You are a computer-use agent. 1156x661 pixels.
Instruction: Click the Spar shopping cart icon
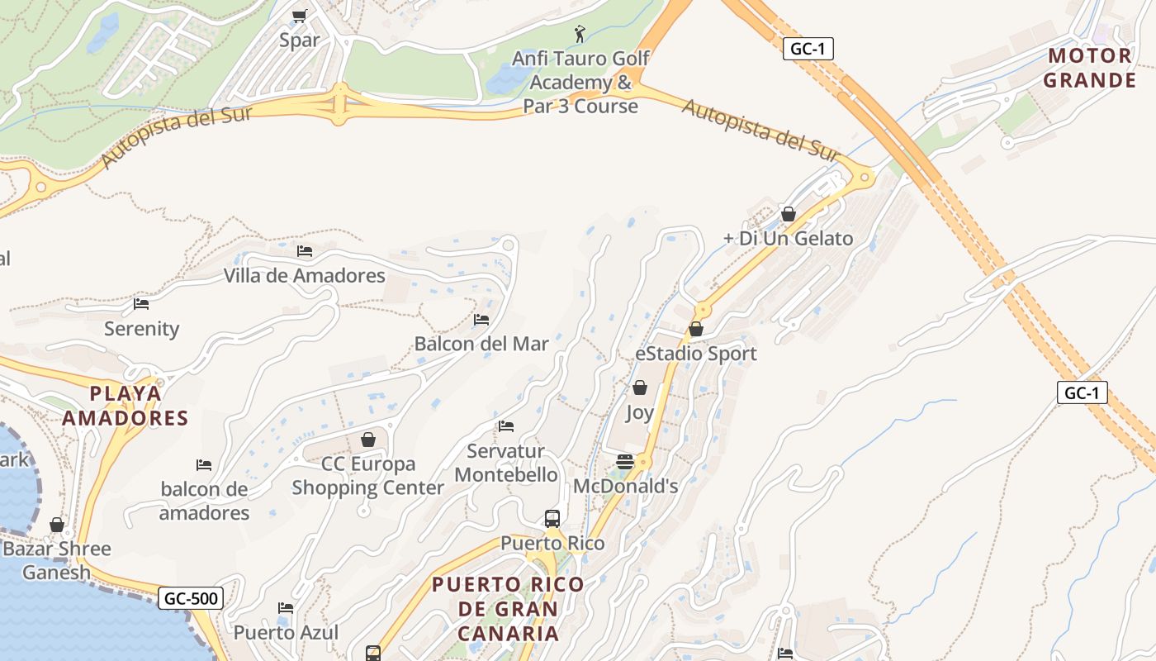(x=300, y=16)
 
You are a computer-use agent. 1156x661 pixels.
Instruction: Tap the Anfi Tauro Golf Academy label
(x=580, y=83)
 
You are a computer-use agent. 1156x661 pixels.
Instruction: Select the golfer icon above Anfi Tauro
(x=580, y=34)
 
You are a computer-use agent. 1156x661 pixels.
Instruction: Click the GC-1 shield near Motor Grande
(x=808, y=49)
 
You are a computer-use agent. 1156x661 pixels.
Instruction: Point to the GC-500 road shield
(x=191, y=598)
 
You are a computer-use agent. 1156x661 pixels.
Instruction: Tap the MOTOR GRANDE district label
(x=1089, y=69)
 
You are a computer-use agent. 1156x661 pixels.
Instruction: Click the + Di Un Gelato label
(x=788, y=239)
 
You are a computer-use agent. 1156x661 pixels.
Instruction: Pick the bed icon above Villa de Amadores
(x=305, y=251)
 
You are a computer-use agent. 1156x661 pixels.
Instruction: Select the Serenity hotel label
(x=141, y=329)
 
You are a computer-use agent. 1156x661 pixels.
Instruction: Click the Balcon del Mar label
(x=481, y=344)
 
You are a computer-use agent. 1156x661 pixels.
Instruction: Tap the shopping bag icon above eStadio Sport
(x=696, y=330)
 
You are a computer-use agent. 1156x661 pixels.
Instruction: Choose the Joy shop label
(x=640, y=412)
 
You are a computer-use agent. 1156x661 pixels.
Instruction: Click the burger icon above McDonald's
(x=625, y=462)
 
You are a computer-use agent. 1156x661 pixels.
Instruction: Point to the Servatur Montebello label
(x=506, y=463)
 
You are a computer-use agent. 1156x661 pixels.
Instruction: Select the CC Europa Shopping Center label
(x=368, y=476)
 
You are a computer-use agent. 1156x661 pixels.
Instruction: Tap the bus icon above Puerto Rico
(x=552, y=519)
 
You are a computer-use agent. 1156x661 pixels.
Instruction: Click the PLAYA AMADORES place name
(x=126, y=406)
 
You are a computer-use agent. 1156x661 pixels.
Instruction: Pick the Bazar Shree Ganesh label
(x=57, y=560)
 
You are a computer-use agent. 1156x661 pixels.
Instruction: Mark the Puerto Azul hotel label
(x=286, y=633)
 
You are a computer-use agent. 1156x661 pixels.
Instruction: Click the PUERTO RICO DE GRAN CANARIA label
(x=508, y=609)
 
